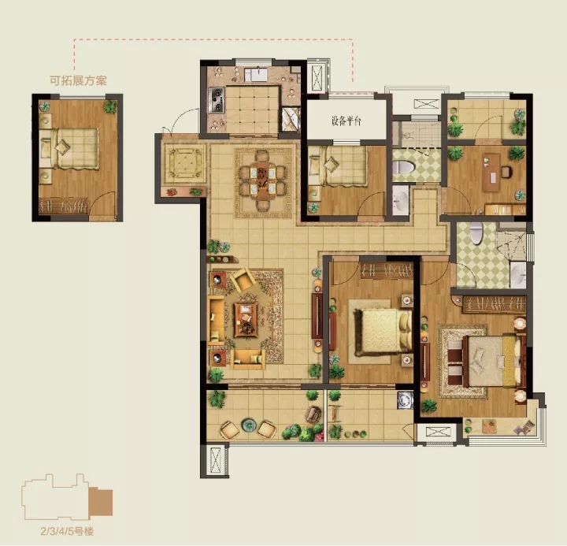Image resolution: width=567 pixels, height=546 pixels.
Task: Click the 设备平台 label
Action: point(346,121)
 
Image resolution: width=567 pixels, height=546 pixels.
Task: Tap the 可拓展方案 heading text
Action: point(79,80)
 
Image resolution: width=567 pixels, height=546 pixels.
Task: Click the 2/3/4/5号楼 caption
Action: point(67,531)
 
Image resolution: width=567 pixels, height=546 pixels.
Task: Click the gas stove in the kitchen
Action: point(217,99)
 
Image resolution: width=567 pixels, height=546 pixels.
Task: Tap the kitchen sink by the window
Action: point(256,75)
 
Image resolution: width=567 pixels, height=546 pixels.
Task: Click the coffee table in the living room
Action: point(246,320)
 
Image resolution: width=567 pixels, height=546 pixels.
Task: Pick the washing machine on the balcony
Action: point(405,400)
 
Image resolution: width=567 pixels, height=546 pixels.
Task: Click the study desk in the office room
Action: point(491,173)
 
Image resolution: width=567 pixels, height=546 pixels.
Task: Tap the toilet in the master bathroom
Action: point(476,233)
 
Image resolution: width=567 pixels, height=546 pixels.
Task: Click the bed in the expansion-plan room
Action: point(75,148)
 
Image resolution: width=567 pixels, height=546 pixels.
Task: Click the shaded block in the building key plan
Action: point(101,501)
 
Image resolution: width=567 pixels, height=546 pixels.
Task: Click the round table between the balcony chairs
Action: point(249,425)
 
